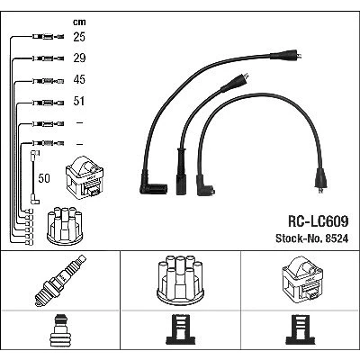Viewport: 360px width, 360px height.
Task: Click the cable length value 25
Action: [79, 37]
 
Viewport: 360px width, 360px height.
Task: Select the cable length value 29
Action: [79, 58]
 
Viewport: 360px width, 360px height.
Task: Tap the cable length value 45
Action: [79, 79]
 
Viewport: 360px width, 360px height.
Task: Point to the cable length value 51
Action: [79, 101]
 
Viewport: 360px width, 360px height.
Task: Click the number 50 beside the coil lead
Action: [44, 178]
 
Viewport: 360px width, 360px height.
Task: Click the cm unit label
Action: [79, 22]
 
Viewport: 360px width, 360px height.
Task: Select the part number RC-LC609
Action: [318, 221]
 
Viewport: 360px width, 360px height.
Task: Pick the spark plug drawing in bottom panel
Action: [60, 281]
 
